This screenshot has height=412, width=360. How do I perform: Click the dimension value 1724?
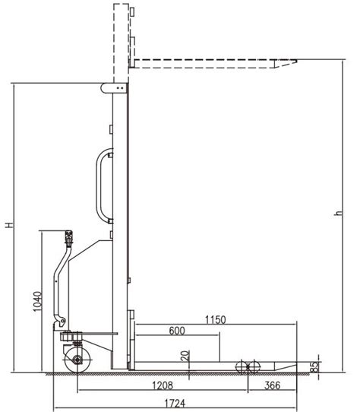175,403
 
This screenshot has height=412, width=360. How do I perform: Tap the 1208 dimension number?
163,385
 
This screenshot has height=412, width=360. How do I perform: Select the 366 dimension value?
273,385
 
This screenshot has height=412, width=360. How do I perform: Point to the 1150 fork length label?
215,320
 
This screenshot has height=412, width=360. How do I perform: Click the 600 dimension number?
177,331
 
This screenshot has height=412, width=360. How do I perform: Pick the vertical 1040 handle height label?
37,301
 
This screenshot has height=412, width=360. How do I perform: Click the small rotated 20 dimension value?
185,356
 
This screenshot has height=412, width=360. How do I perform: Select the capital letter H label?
9,225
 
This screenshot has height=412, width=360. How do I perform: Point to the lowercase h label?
339,213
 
